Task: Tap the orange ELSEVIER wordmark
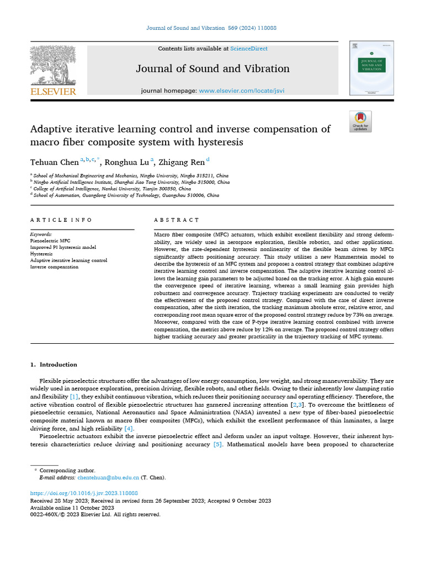(x=53, y=92)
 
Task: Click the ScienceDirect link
(x=249, y=49)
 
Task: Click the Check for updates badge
(x=361, y=121)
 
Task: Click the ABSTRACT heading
(x=177, y=220)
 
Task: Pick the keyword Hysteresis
(x=41, y=254)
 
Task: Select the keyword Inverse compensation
(x=54, y=267)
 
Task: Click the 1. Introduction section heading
(x=54, y=365)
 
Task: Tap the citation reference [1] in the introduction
(x=74, y=396)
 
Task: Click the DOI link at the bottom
(x=83, y=493)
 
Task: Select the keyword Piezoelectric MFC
(x=50, y=241)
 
